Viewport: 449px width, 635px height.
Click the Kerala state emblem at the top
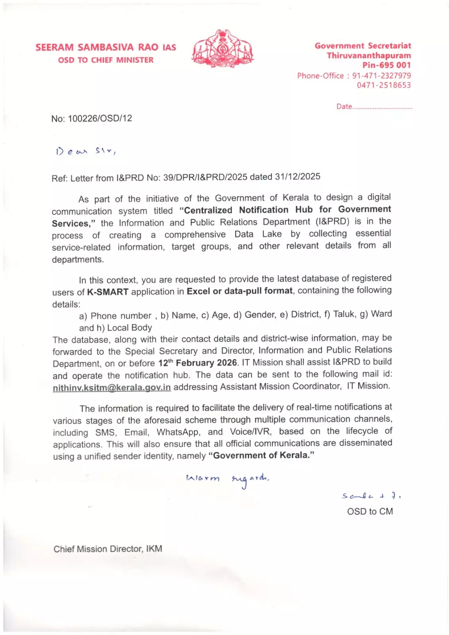(x=223, y=48)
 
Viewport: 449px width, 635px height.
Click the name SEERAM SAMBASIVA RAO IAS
(x=106, y=47)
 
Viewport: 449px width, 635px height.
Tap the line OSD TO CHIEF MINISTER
(x=106, y=60)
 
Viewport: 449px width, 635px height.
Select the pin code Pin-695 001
(x=386, y=65)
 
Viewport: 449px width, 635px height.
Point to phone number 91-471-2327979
(x=381, y=75)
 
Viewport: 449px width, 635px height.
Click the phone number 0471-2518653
(x=383, y=85)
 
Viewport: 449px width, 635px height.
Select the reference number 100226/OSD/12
(x=100, y=118)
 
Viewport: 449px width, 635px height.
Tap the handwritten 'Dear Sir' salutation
(x=85, y=151)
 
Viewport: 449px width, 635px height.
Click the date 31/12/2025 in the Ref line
(x=297, y=177)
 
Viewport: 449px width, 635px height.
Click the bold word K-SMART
(x=108, y=292)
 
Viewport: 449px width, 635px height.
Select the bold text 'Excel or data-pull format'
(x=239, y=291)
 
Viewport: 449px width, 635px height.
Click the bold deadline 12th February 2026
(x=197, y=363)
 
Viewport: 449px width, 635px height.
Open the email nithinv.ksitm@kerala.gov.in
(x=112, y=387)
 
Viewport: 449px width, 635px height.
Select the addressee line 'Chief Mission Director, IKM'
(x=108, y=549)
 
